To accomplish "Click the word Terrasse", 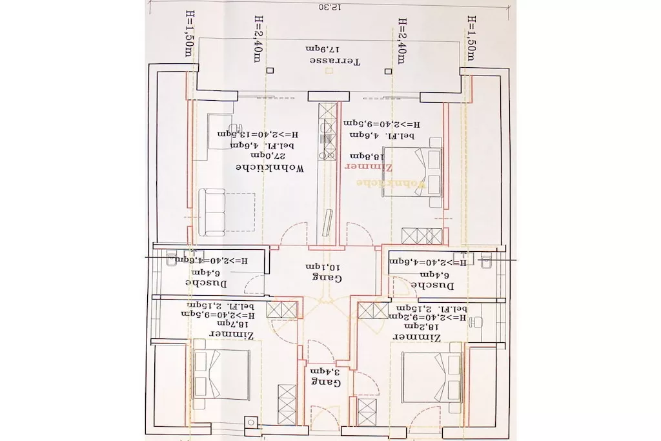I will pyautogui.click(x=335, y=61).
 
